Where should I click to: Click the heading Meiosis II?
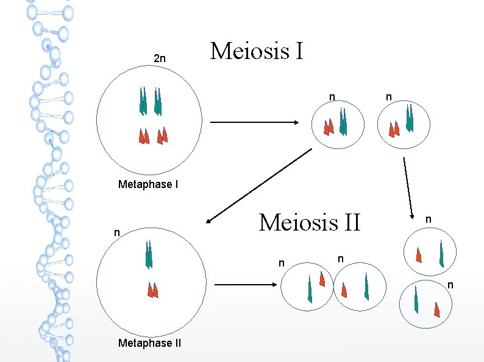click(310, 222)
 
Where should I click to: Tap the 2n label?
click(159, 59)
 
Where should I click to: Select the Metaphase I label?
click(148, 184)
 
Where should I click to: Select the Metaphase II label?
click(149, 343)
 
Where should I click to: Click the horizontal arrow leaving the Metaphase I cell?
click(254, 123)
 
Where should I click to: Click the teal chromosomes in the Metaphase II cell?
click(148, 254)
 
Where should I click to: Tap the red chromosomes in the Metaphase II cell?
click(152, 290)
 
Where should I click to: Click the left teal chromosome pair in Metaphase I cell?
click(143, 101)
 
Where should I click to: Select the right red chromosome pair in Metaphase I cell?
click(162, 136)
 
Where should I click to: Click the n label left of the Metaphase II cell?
click(116, 232)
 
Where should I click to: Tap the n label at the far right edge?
click(450, 285)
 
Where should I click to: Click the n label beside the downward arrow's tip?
click(429, 218)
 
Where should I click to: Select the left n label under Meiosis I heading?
click(332, 96)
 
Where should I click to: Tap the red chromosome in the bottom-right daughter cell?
click(437, 309)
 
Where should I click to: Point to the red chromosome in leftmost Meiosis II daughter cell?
click(322, 278)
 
